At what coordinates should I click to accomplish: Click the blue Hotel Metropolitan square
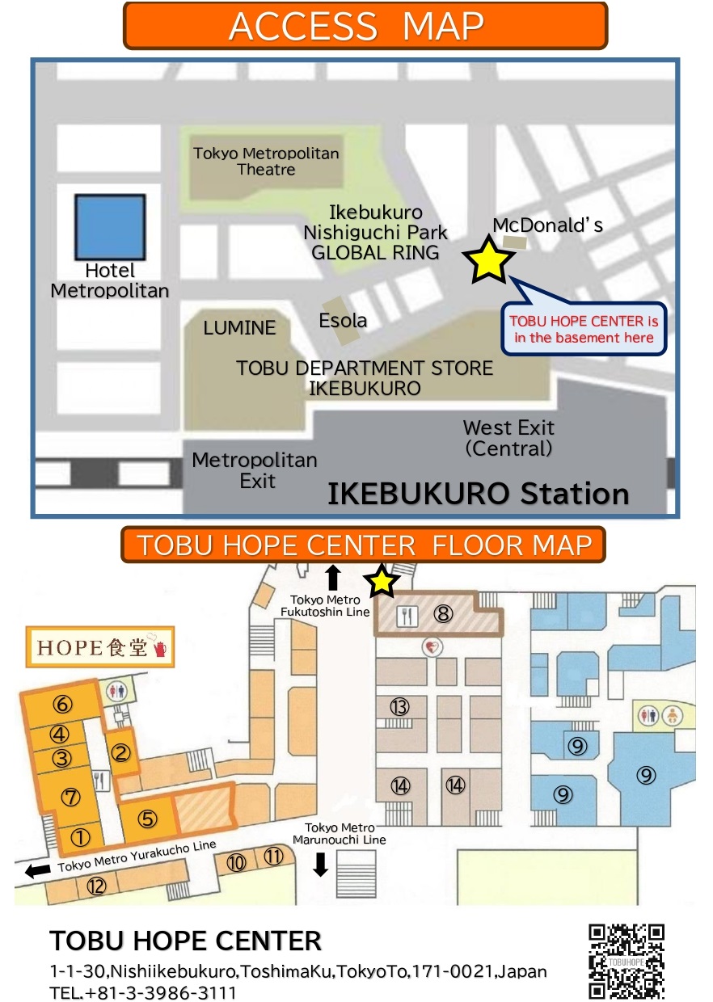(110, 227)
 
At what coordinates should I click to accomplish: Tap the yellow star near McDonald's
(489, 261)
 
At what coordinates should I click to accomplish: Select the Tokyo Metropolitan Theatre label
(266, 162)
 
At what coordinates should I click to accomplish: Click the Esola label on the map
(343, 320)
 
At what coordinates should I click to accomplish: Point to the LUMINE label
(239, 328)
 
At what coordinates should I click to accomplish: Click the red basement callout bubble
(584, 329)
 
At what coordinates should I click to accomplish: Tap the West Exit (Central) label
(508, 438)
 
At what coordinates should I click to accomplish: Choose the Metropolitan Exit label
(255, 470)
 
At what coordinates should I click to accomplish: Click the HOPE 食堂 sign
(100, 646)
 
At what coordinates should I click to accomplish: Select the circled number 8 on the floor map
(443, 614)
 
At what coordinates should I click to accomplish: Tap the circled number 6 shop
(62, 704)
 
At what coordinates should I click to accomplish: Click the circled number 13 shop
(399, 707)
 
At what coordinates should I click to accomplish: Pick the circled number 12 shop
(96, 886)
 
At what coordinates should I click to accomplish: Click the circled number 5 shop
(147, 819)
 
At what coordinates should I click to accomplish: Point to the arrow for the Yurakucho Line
(38, 870)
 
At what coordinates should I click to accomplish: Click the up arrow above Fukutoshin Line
(332, 577)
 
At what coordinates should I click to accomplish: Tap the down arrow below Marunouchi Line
(320, 865)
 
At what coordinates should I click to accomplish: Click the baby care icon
(672, 715)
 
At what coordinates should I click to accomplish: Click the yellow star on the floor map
(382, 581)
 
